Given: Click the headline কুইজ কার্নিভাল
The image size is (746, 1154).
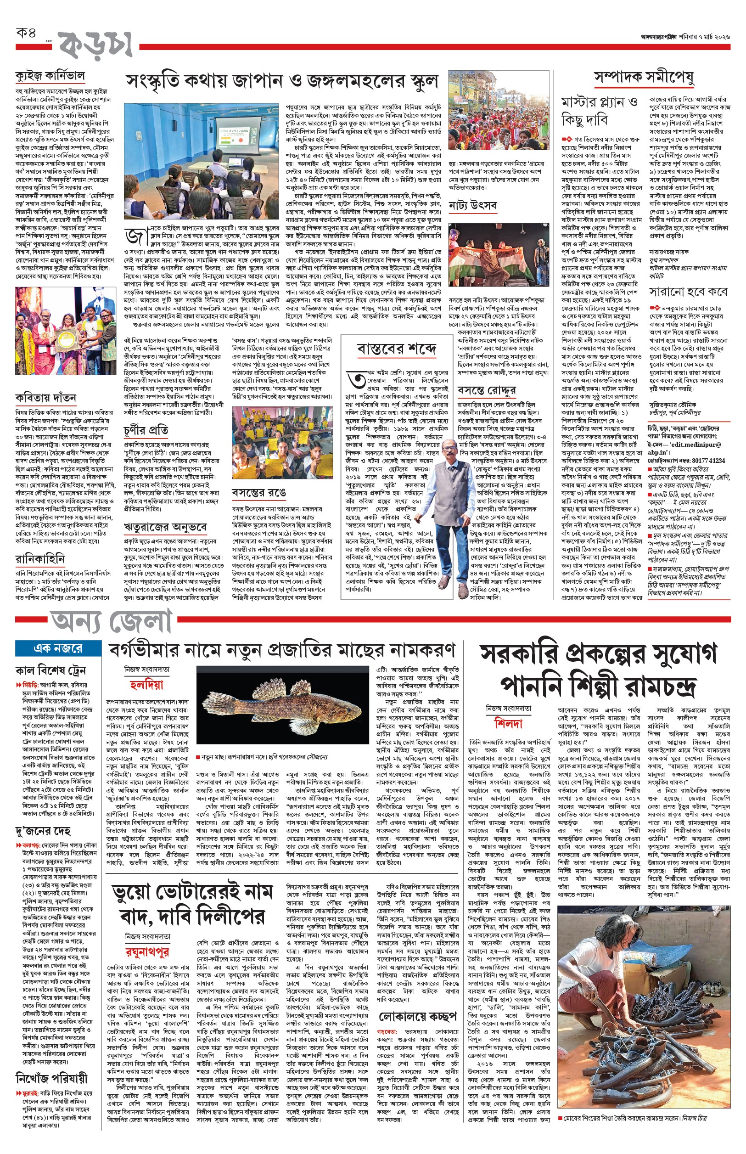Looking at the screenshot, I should tap(50, 76).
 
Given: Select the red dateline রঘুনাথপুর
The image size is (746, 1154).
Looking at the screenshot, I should tap(147, 951).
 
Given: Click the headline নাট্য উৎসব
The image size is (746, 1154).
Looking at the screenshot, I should tap(473, 205).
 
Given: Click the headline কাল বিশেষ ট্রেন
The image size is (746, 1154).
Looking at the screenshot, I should tap(51, 671).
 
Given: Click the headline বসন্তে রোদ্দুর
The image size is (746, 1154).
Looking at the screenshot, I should tap(487, 390).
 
